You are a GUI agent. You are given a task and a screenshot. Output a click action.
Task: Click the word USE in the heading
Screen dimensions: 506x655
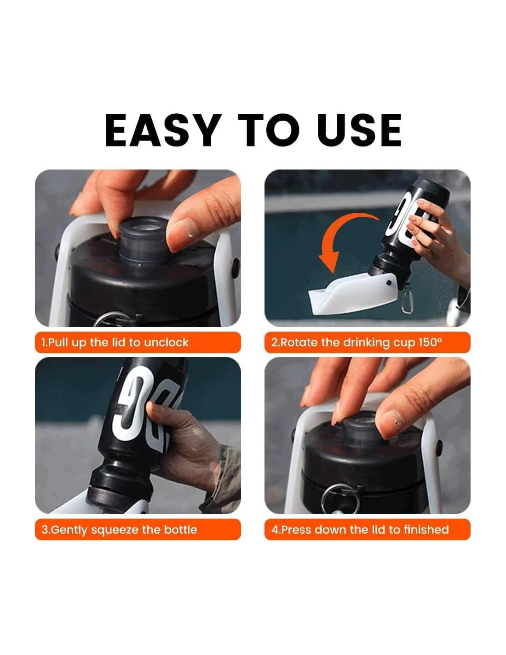(355, 130)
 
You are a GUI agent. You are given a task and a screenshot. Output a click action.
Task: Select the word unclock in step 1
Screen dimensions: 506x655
(166, 342)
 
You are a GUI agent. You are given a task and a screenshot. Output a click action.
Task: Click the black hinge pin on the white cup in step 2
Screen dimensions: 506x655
(389, 283)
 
